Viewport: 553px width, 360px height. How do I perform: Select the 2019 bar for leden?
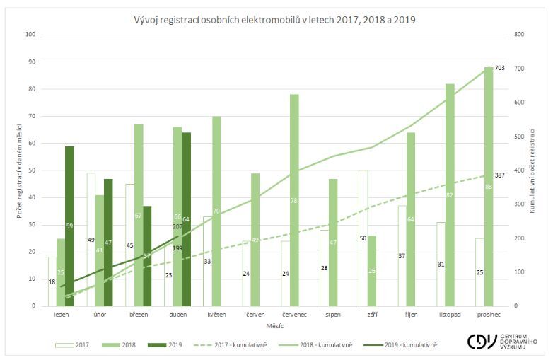click(x=69, y=226)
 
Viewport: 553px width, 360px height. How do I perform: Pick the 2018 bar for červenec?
click(x=294, y=200)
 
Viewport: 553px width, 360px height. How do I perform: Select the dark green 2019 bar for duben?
click(x=186, y=219)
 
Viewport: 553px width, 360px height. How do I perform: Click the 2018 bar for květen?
click(x=216, y=211)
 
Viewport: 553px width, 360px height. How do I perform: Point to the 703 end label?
click(x=501, y=67)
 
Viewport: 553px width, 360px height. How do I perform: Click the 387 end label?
click(x=501, y=175)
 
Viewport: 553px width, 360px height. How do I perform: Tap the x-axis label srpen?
click(x=333, y=314)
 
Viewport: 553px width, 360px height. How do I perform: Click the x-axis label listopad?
click(x=448, y=314)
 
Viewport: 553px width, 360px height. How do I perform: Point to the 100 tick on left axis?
click(x=30, y=34)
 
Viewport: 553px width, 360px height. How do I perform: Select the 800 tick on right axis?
click(x=518, y=34)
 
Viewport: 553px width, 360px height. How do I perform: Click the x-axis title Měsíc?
click(x=275, y=325)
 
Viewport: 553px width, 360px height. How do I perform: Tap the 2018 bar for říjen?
click(x=410, y=219)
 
